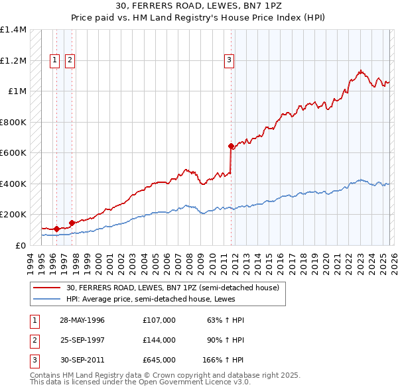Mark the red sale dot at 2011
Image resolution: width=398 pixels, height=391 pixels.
click(x=231, y=146)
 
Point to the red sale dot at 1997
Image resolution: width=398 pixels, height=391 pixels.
click(x=72, y=223)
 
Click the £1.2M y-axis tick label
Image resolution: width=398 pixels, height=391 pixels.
click(x=13, y=60)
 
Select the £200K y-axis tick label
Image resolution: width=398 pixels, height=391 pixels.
click(x=13, y=215)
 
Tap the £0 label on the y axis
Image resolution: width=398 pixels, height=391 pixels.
click(x=21, y=246)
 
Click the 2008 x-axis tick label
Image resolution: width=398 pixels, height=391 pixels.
click(x=189, y=260)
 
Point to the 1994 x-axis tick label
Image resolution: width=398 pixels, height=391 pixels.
click(x=31, y=260)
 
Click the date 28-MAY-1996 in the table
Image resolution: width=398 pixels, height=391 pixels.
click(x=82, y=320)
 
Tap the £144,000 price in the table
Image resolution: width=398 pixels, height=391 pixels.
click(x=159, y=339)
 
